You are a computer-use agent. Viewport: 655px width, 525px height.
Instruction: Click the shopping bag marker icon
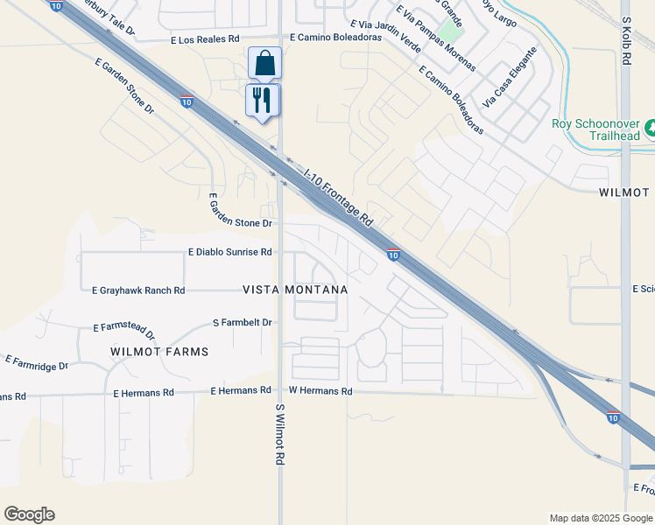tap(264, 64)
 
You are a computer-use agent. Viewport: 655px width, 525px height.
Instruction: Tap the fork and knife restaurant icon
tap(263, 100)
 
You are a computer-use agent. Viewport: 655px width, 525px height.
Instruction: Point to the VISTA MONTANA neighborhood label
tap(295, 290)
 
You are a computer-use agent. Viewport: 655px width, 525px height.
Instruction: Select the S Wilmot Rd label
tap(281, 435)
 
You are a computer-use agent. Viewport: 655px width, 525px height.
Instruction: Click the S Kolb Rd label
tap(626, 42)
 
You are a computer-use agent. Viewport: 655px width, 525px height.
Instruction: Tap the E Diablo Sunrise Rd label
tap(229, 252)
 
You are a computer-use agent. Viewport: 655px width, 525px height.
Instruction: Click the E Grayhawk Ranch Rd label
tap(138, 290)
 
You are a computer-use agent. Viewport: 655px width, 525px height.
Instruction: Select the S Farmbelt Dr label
tap(243, 323)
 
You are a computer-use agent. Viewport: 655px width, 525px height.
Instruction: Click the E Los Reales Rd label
tap(206, 39)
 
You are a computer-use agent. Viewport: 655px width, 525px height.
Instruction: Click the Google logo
tap(29, 514)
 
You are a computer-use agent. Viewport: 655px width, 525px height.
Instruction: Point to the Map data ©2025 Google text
tap(601, 518)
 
